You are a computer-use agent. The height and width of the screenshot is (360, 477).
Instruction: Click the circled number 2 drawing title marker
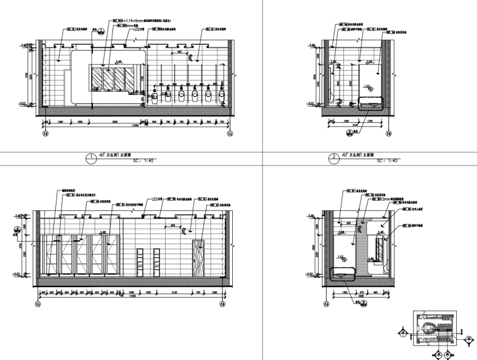click(x=334, y=157)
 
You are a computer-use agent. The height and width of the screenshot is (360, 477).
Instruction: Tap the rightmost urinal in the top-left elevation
click(x=222, y=95)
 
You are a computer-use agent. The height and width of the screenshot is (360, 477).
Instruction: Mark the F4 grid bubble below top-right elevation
click(x=389, y=134)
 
